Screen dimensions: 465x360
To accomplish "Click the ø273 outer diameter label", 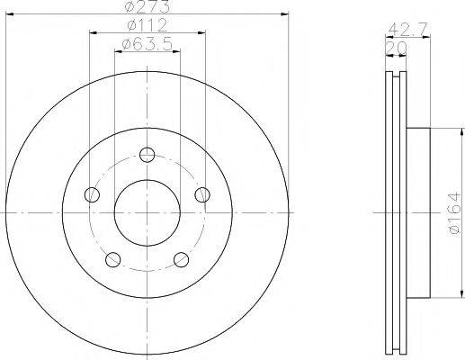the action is point(147,6).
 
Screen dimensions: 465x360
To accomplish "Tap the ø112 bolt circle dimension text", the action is point(147,25).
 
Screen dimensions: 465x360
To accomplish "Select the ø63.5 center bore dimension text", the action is point(148,44).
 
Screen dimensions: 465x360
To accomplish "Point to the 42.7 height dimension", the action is point(407,30).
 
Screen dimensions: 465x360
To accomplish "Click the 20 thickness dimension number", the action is point(396,48).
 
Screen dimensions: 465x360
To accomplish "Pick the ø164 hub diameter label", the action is point(454,213).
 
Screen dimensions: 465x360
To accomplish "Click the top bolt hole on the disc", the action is point(148,155).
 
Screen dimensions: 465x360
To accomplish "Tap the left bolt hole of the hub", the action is point(92,194).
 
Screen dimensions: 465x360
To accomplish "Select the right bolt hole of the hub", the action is point(202,194).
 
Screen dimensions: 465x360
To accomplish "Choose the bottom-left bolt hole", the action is point(113,259).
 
